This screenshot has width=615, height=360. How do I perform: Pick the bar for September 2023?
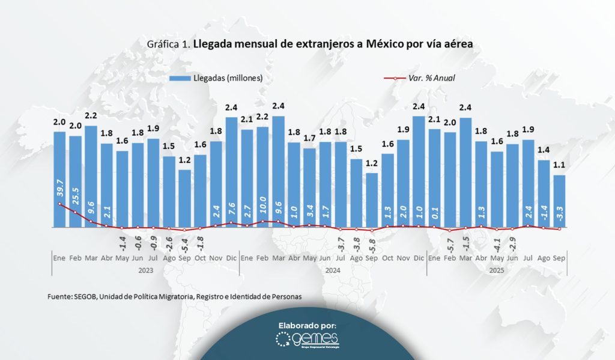184,198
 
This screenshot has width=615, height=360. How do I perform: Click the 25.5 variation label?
75,199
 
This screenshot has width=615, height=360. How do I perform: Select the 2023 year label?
145,270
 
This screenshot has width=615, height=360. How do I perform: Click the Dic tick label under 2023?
231,258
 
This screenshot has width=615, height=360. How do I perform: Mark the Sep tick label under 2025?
559,258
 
